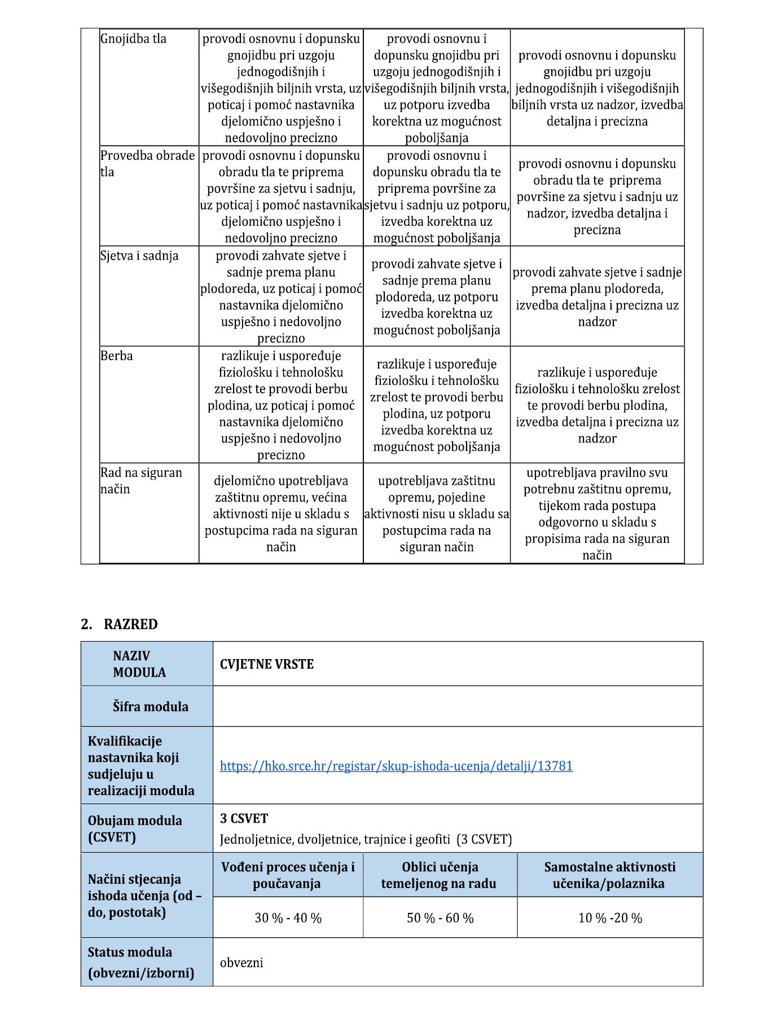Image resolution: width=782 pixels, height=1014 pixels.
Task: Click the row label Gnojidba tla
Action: click(133, 39)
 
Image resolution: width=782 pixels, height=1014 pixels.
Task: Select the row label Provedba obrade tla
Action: click(147, 164)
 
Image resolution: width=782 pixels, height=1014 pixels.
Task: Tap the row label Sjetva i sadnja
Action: click(139, 256)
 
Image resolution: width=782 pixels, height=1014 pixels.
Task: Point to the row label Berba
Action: click(117, 356)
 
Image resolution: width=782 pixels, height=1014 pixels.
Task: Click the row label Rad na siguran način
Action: click(141, 481)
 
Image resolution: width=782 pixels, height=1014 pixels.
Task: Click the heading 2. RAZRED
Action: click(119, 624)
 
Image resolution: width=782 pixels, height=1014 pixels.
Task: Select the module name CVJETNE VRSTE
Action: click(266, 664)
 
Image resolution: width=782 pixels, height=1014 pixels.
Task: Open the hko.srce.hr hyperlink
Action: click(396, 766)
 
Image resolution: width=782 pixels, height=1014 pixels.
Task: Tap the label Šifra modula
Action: click(150, 706)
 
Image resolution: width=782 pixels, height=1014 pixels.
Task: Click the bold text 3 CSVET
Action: click(244, 818)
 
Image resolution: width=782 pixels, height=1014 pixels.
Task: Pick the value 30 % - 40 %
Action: click(288, 918)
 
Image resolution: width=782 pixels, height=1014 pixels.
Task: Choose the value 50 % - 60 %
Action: click(440, 918)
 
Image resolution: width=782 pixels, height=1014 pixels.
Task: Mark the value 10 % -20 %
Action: click(610, 918)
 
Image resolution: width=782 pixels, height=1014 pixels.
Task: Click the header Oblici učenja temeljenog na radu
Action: click(439, 875)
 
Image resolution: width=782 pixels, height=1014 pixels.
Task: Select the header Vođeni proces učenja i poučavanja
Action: click(288, 875)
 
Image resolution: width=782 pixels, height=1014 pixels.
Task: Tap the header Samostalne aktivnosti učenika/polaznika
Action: click(609, 875)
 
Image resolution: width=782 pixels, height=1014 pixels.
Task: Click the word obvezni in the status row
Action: click(241, 963)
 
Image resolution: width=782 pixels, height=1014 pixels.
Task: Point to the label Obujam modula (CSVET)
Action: click(134, 828)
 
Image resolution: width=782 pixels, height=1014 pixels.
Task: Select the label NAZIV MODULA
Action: click(139, 664)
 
